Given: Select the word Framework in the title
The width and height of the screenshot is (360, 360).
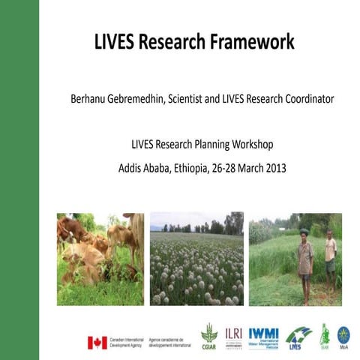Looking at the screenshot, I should click(x=252, y=42).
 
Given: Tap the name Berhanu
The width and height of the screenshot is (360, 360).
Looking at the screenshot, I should click(x=90, y=99).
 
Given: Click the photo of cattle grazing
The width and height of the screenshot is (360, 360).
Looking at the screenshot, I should click(x=100, y=259).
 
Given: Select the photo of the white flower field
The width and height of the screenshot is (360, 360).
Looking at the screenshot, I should click(x=196, y=259).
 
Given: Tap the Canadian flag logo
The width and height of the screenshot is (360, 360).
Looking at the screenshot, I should click(x=97, y=342).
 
